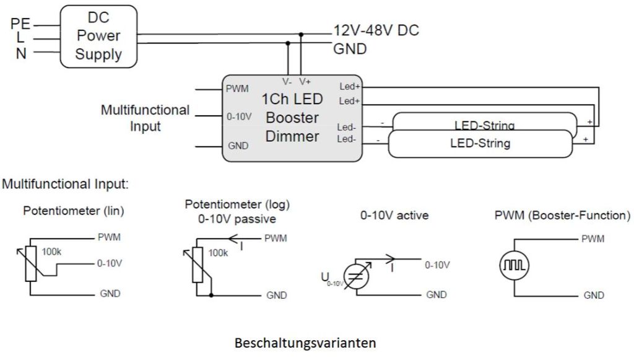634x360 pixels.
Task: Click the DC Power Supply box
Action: click(98, 36)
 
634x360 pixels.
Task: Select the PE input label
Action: click(20, 24)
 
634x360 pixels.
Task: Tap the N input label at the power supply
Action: click(21, 53)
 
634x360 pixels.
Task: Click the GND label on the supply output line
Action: click(350, 48)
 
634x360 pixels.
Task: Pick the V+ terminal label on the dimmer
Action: click(305, 81)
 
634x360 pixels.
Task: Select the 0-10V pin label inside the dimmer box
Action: click(238, 116)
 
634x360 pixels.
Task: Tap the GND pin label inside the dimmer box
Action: click(238, 146)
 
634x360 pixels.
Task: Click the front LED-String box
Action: click(480, 144)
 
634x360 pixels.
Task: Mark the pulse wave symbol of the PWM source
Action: click(515, 266)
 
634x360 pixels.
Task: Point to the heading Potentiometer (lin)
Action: click(74, 211)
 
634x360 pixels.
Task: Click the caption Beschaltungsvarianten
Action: click(305, 343)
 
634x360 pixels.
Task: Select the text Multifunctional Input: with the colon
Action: click(66, 184)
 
